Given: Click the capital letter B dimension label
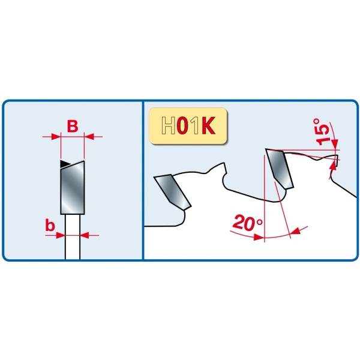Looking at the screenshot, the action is coord(73,127).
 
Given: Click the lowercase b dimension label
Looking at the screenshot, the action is coord(50,225).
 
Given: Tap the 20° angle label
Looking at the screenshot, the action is coord(247,223).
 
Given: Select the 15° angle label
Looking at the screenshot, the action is coord(323,131).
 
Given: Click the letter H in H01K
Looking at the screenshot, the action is coord(169,125).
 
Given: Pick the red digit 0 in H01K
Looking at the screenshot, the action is coord(183,125).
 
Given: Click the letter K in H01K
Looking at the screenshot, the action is coord(209,125).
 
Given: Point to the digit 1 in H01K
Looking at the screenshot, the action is coord(195,125).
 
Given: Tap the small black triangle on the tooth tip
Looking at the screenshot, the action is coord(65,164).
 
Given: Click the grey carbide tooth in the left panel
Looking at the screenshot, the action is coord(73,188).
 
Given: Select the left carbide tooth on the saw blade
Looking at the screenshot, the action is coord(173,192).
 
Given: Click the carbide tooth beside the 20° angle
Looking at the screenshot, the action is coord(280,169).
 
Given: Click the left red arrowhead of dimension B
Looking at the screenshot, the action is coord(56,137).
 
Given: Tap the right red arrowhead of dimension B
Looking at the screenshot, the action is coord(89,137).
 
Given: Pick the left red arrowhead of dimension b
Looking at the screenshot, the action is coord(61,235).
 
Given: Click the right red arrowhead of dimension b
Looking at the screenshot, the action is coord(84,235).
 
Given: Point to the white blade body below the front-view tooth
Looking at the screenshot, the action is coord(73,237).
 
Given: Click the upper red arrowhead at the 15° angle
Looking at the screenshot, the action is coord(335,145).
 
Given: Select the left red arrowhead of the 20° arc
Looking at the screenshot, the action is coord(259,237).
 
